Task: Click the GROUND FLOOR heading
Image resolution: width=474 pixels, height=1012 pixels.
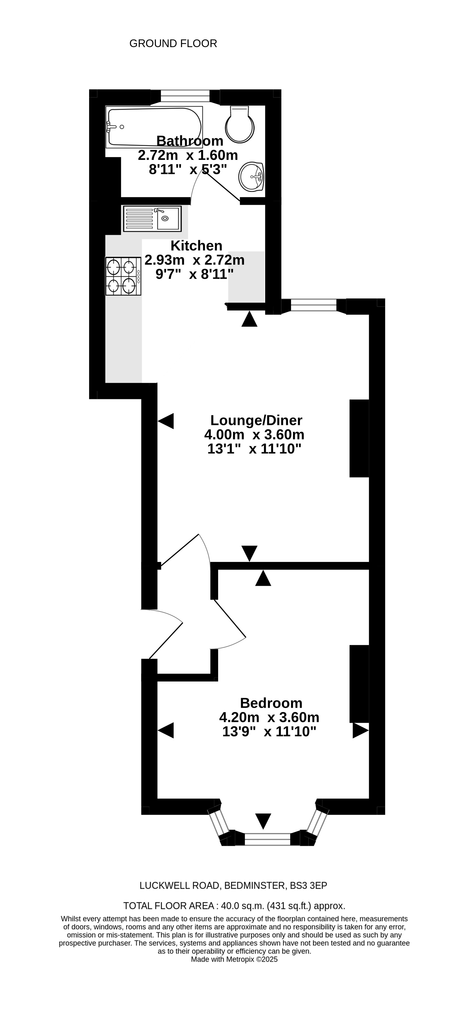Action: pos(173,43)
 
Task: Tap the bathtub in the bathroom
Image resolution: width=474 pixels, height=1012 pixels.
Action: pos(154,127)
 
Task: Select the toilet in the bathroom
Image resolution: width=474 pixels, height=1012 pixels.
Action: pos(240,124)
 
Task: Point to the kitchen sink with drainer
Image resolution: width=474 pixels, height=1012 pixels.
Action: pos(152,218)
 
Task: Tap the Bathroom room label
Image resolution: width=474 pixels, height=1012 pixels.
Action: pos(190,140)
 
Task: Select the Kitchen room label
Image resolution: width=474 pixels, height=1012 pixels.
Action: pos(197,246)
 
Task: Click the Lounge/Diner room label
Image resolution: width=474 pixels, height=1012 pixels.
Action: pos(256,420)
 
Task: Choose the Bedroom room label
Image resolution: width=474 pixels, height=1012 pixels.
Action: pos(271,703)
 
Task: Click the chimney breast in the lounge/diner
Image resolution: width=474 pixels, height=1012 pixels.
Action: pos(359,438)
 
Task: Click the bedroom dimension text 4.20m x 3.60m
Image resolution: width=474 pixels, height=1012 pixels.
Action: pos(269,717)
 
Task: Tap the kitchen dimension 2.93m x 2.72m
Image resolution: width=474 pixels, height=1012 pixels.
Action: pos(195,260)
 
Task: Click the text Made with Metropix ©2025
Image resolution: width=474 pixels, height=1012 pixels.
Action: pos(234,959)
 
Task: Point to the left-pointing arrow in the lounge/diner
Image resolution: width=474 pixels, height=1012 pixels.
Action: pos(166,421)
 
